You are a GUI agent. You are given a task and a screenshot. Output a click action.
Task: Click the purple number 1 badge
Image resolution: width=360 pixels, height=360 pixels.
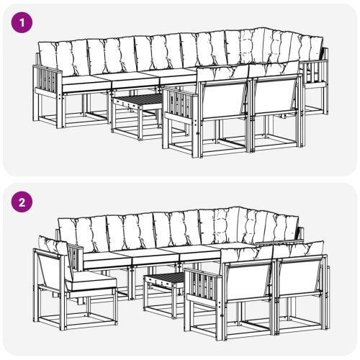24,22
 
